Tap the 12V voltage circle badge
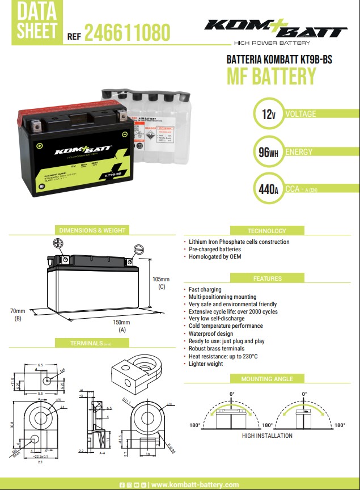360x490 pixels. click(266, 115)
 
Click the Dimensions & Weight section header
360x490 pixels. click(93, 230)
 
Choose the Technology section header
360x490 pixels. click(267, 231)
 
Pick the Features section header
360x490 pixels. click(267, 278)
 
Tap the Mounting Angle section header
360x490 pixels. click(267, 379)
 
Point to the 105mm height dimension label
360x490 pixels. click(162, 280)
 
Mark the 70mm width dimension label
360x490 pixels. click(18, 311)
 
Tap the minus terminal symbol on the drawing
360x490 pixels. click(139, 248)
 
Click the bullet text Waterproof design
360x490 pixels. click(210, 333)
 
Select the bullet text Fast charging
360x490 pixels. click(205, 289)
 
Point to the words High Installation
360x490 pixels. click(267, 436)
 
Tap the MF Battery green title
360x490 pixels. click(271, 75)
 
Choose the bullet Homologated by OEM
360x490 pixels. click(215, 257)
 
